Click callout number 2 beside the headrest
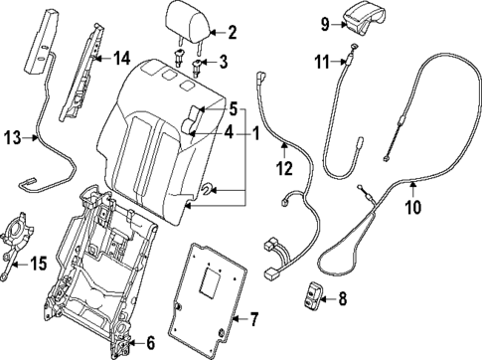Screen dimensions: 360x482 click(x=233, y=32)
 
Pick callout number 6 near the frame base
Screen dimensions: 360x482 click(x=149, y=344)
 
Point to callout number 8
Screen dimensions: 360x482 click(x=342, y=296)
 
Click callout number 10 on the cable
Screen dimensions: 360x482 click(x=411, y=207)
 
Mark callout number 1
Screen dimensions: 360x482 click(x=256, y=131)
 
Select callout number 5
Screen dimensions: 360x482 click(x=233, y=107)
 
